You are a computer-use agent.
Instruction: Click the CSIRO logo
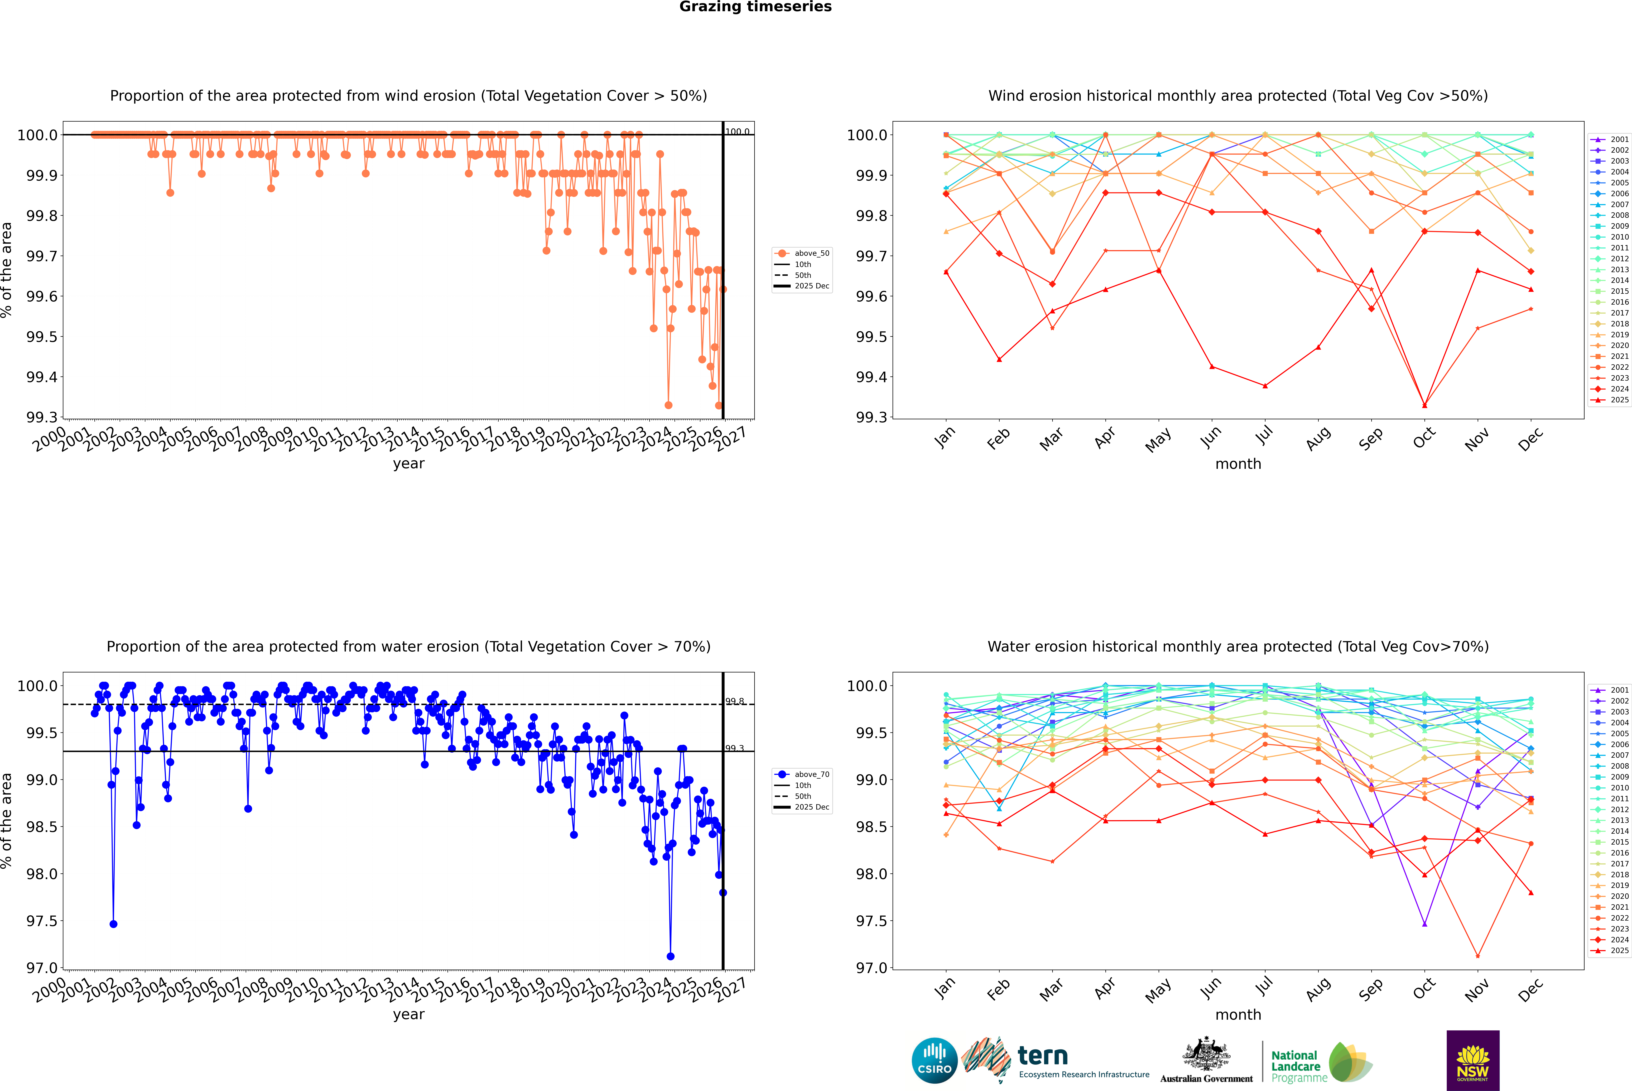[934, 1060]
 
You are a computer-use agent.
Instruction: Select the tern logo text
[1042, 1056]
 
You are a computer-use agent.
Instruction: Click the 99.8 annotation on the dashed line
[735, 701]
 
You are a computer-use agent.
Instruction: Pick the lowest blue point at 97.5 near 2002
[113, 924]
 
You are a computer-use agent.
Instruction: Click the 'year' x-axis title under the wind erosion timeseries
[408, 463]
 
